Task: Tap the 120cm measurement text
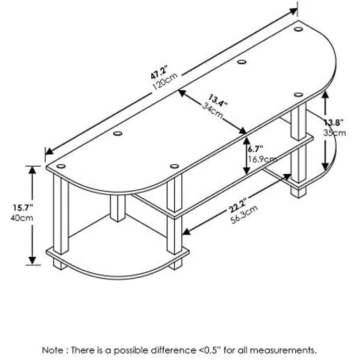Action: pos(165,81)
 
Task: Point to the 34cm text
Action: pos(213,110)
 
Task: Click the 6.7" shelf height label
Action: pos(255,149)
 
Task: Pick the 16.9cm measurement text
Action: pos(262,159)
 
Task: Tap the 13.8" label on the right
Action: pos(334,122)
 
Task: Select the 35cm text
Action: pos(335,132)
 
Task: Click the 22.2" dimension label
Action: pos(238,205)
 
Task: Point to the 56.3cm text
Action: pos(244,214)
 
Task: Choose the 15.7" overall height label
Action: pos(23,208)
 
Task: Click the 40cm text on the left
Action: pos(22,218)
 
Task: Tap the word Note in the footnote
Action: pos(52,350)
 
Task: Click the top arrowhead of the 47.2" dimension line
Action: pos(293,11)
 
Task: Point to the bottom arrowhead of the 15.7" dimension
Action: pos(32,261)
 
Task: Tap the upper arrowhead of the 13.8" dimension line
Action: pos(324,95)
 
